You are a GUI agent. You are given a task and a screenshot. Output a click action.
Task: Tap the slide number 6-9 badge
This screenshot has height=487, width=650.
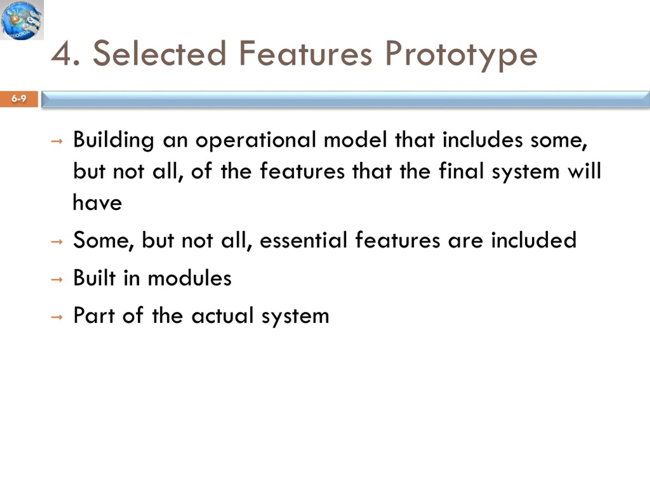pos(19,99)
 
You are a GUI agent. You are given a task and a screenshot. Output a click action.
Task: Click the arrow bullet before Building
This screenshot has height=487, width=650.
pos(57,142)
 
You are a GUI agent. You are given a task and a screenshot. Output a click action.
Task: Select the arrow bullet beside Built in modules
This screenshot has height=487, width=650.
pos(57,280)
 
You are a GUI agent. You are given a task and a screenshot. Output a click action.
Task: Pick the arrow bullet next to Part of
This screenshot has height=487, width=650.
pos(57,317)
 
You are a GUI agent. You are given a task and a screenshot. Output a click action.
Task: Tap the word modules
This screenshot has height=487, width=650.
pos(189,277)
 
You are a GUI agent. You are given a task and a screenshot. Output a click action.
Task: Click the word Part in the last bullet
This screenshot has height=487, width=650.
pos(94,315)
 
